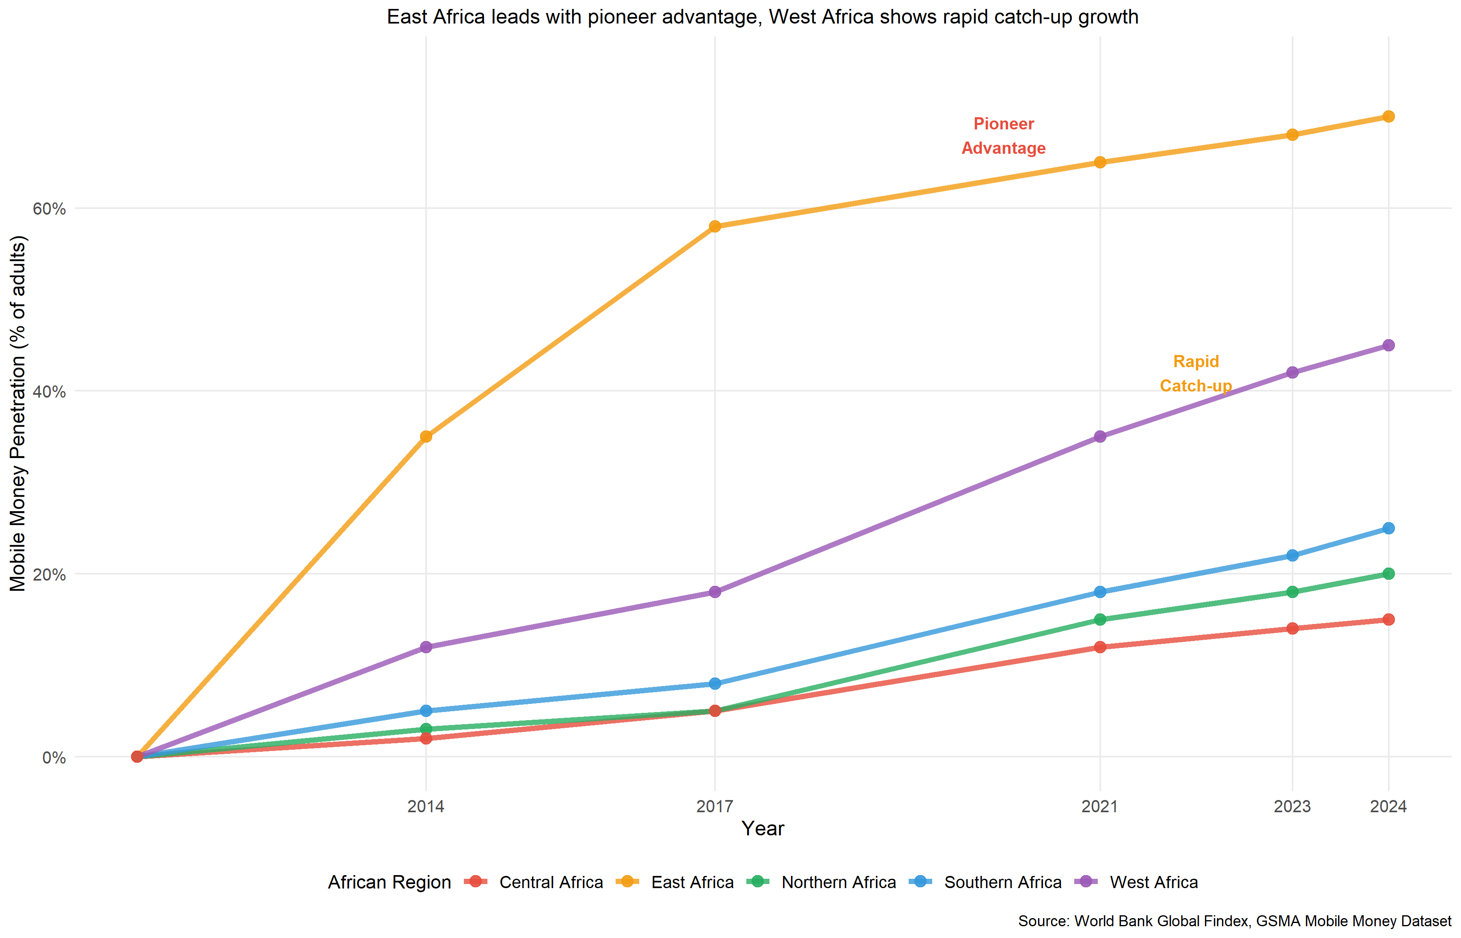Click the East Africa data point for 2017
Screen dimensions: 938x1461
pyautogui.click(x=715, y=226)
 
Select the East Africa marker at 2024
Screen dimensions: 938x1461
pyautogui.click(x=1388, y=116)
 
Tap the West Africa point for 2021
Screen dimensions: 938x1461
pyautogui.click(x=1100, y=437)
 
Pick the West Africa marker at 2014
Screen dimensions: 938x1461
pyautogui.click(x=426, y=647)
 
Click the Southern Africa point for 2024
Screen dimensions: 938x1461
pyautogui.click(x=1388, y=528)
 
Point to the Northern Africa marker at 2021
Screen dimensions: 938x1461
pyautogui.click(x=1100, y=620)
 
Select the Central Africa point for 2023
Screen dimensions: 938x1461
pyautogui.click(x=1292, y=628)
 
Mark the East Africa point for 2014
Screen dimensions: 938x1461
pyautogui.click(x=426, y=437)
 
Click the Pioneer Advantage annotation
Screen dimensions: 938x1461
pyautogui.click(x=1004, y=136)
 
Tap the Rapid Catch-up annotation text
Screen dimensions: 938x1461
pyautogui.click(x=1195, y=373)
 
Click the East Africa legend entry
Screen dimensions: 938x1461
pyautogui.click(x=692, y=882)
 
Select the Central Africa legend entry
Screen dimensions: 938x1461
pyautogui.click(x=551, y=882)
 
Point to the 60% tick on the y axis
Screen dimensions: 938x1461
pyautogui.click(x=49, y=209)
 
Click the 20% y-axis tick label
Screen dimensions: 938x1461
pyautogui.click(x=49, y=574)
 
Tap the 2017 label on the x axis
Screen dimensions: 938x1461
pyautogui.click(x=715, y=807)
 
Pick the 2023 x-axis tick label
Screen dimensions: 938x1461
pyautogui.click(x=1292, y=807)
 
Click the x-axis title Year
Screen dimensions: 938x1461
pyautogui.click(x=763, y=828)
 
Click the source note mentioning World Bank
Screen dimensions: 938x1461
pyautogui.click(x=1235, y=921)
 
